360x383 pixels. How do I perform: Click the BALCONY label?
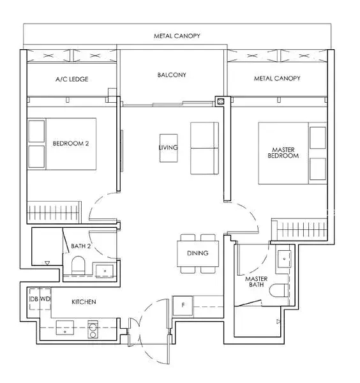tap(172, 75)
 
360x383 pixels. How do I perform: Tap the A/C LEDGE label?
tap(71, 79)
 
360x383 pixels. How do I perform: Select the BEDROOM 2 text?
tap(71, 144)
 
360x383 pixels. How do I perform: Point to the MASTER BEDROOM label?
tap(283, 153)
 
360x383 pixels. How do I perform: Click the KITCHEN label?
tap(84, 302)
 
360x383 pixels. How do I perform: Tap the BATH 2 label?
tap(80, 246)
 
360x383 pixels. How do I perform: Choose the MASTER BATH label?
tap(256, 282)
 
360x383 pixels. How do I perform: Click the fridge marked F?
tap(183, 305)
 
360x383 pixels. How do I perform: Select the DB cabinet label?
tap(34, 299)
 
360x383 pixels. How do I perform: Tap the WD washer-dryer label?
tap(45, 299)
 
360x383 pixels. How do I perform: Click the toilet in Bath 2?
tap(78, 266)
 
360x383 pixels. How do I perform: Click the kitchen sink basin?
tap(65, 327)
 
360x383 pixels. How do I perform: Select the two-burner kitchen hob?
tap(93, 330)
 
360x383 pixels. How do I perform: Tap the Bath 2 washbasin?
tap(105, 271)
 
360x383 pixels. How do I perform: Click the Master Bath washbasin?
tap(284, 259)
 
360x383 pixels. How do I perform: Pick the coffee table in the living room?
tap(169, 148)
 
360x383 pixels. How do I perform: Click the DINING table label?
tap(198, 253)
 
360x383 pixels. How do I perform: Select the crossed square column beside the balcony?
tap(221, 101)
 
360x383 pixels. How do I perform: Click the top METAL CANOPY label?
tap(177, 36)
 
